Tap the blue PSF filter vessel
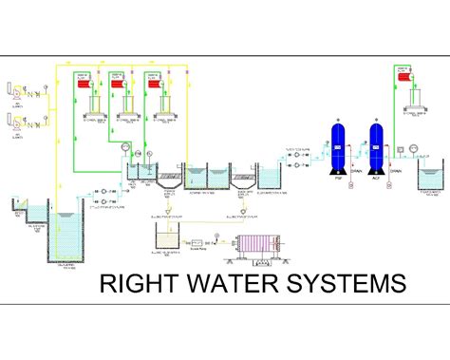pos(337,147)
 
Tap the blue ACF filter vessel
pos(377,147)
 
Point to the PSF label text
pos(337,177)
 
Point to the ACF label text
pos(377,177)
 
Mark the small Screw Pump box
pos(201,243)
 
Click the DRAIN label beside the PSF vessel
pos(356,171)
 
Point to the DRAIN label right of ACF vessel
pos(396,171)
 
